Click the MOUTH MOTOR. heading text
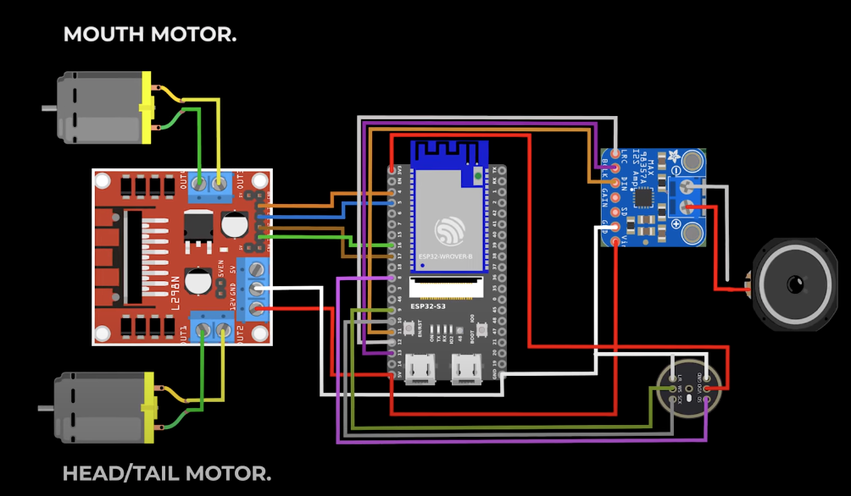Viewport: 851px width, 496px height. pos(150,35)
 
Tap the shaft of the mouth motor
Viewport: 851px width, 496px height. pos(49,108)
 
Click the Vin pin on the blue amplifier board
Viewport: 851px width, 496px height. pos(615,241)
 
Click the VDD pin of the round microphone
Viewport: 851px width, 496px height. pos(708,389)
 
